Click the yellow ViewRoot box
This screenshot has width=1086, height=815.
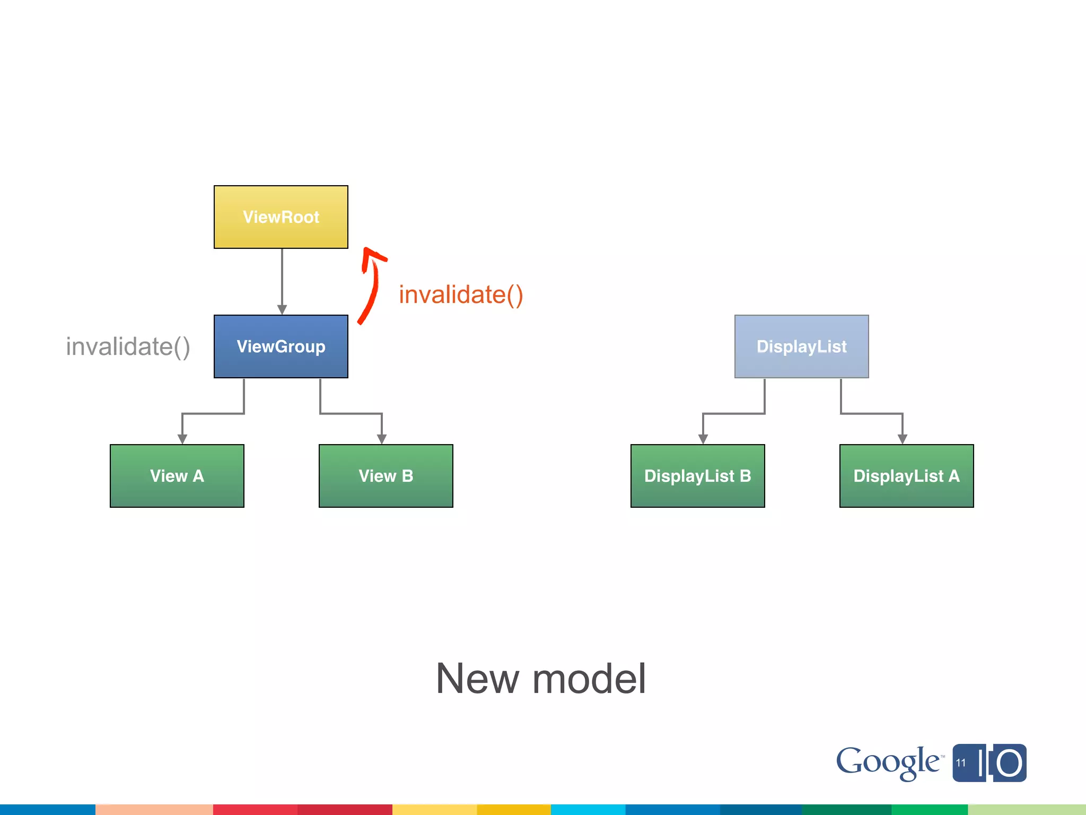(x=281, y=217)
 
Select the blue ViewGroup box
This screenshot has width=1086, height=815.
(x=281, y=346)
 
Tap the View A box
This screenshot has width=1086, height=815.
(x=177, y=476)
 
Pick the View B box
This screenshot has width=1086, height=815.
(x=386, y=476)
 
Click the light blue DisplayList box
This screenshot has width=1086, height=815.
(x=801, y=346)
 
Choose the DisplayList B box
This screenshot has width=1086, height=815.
(x=697, y=476)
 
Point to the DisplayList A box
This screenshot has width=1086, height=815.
(x=906, y=476)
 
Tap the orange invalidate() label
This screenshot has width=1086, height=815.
(x=461, y=295)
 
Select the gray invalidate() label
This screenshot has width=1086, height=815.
(x=128, y=347)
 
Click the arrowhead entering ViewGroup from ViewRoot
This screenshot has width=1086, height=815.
(x=282, y=309)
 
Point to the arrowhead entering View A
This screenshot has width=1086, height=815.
(x=182, y=439)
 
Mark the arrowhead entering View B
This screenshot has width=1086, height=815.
(x=382, y=439)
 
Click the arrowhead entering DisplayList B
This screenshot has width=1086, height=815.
(x=703, y=439)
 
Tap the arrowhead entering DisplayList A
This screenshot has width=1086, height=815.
(x=903, y=439)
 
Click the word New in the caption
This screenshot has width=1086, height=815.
(x=477, y=679)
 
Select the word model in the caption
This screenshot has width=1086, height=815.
(x=589, y=679)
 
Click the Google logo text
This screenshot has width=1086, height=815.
(x=888, y=762)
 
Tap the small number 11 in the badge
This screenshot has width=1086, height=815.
(x=961, y=763)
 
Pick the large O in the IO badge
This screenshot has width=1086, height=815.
(x=1009, y=764)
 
